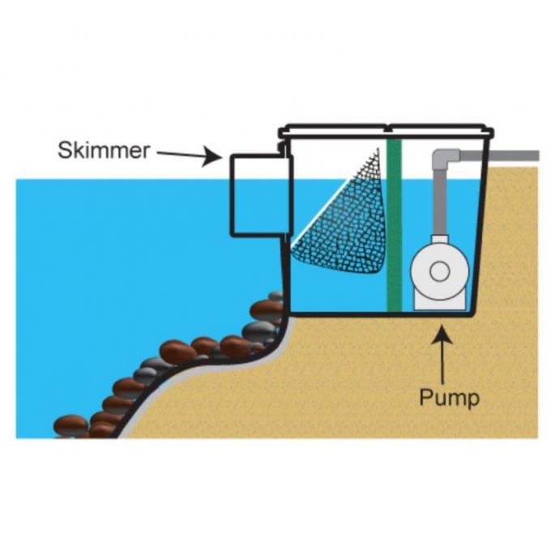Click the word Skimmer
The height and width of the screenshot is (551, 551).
click(x=104, y=151)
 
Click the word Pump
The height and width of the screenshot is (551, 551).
click(x=449, y=398)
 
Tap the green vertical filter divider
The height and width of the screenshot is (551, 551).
click(x=395, y=227)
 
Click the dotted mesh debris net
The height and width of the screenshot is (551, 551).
click(x=344, y=219)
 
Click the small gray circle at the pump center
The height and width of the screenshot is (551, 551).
click(x=440, y=271)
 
